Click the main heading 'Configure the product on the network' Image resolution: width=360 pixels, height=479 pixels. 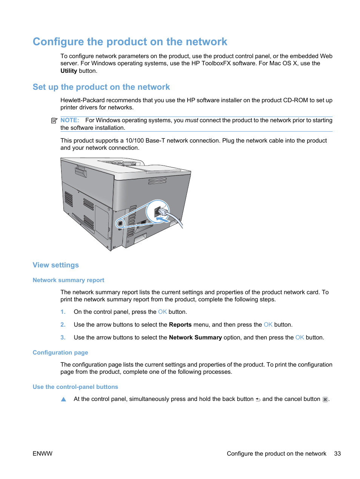[x=130, y=41]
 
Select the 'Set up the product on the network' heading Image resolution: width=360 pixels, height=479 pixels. [x=101, y=87]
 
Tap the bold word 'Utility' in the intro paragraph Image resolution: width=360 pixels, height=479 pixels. [x=69, y=71]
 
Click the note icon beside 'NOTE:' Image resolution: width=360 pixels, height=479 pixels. [x=54, y=121]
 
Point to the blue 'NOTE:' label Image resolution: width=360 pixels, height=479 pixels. [x=70, y=120]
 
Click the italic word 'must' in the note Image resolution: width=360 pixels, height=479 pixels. [x=191, y=120]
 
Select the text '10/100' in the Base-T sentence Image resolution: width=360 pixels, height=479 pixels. [x=135, y=141]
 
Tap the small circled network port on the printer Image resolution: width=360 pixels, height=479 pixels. [x=120, y=223]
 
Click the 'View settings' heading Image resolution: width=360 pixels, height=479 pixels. [x=56, y=265]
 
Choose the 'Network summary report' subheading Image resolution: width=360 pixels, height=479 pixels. [x=68, y=280]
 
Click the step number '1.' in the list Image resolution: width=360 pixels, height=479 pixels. [x=63, y=312]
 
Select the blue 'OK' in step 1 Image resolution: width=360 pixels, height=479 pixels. [x=162, y=312]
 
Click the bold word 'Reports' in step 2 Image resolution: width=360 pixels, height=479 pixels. [x=180, y=325]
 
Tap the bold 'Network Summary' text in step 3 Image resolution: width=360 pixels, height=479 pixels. [x=195, y=338]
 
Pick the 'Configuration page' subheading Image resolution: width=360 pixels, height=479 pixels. [x=60, y=353]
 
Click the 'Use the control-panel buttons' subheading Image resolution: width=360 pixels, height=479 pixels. [x=75, y=387]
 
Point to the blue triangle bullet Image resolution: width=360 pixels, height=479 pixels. [x=63, y=399]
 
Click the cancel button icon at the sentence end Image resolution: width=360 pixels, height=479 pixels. [x=325, y=399]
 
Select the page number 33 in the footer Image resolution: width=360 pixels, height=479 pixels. [x=337, y=454]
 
